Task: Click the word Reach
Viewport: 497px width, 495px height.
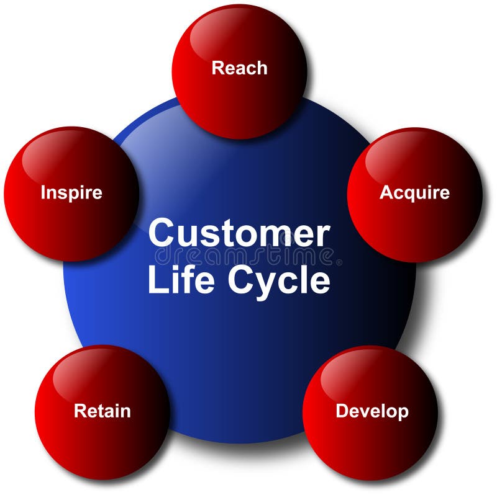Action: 239,68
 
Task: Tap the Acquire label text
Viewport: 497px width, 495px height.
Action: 414,192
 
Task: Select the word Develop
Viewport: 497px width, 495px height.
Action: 372,411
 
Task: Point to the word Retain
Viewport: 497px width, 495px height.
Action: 103,411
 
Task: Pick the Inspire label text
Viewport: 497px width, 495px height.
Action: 71,192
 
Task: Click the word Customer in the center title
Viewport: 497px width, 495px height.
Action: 239,234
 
